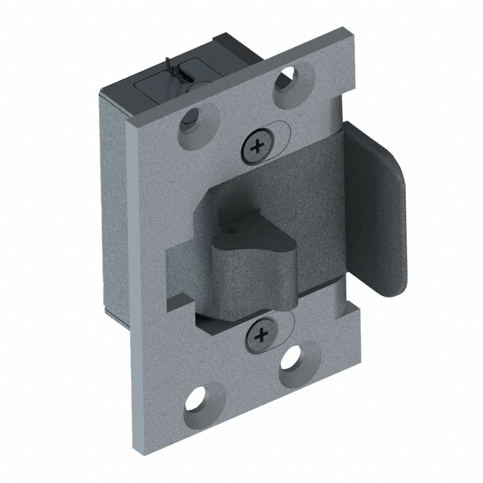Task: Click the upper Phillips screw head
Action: (x=256, y=144)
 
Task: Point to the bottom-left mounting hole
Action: (x=201, y=398)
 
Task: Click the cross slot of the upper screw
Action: (x=256, y=144)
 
